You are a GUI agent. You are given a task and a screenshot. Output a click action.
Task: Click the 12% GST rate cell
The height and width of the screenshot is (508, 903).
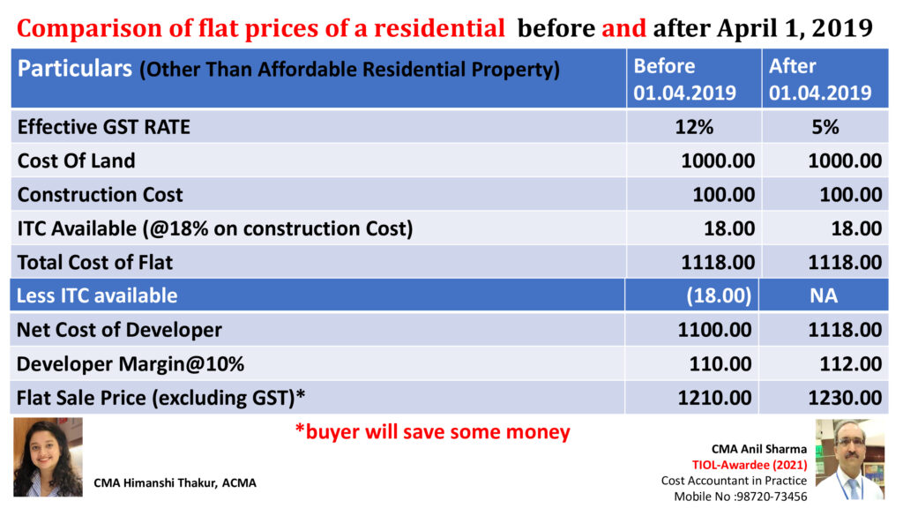click(x=695, y=127)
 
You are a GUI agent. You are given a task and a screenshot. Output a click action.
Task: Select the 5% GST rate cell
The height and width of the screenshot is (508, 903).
click(x=825, y=127)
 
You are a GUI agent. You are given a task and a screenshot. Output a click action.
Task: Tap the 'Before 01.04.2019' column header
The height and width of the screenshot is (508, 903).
click(x=684, y=79)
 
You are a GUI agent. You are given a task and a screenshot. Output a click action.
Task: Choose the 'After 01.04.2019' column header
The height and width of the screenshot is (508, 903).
click(x=820, y=79)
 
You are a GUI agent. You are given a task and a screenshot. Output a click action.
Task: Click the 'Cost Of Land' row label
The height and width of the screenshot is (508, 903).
click(x=77, y=161)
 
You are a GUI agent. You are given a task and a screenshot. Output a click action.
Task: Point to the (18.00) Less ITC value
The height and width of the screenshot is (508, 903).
click(x=719, y=295)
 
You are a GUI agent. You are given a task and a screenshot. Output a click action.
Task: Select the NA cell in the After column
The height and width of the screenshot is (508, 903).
click(x=824, y=295)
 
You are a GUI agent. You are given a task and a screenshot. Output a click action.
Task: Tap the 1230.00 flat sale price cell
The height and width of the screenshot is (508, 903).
click(x=845, y=398)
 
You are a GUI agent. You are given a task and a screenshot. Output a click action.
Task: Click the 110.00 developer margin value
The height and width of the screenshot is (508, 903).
click(x=722, y=363)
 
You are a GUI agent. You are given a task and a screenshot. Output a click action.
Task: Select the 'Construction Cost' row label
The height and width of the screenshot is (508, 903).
click(x=101, y=194)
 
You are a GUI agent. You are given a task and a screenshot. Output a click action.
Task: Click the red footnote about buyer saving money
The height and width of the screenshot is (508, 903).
click(x=432, y=432)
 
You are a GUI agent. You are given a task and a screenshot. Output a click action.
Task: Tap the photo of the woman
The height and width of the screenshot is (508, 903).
click(x=47, y=457)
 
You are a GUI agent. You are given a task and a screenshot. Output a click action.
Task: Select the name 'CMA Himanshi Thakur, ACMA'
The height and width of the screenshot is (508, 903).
click(x=175, y=482)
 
